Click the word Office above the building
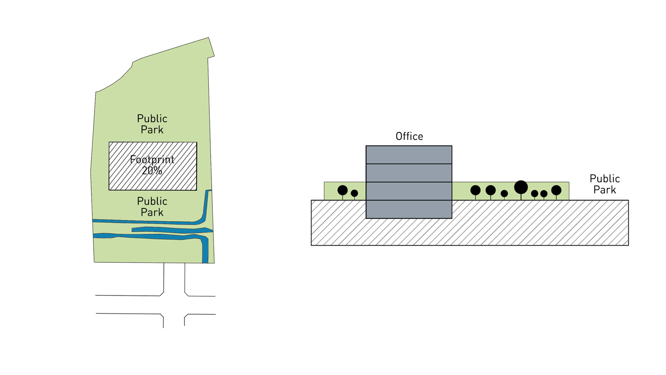pyautogui.click(x=409, y=136)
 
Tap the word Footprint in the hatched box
pyautogui.click(x=152, y=160)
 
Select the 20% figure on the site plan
pyautogui.click(x=152, y=170)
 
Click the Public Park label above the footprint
pyautogui.click(x=152, y=124)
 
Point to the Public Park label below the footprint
pyautogui.click(x=152, y=206)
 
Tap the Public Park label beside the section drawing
pyautogui.click(x=604, y=184)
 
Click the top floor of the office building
pyautogui.click(x=409, y=155)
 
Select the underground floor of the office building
pyautogui.click(x=409, y=209)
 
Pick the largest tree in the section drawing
pyautogui.click(x=521, y=187)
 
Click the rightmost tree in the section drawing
pyautogui.click(x=556, y=190)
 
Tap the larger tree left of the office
pyautogui.click(x=343, y=190)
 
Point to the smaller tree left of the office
pyautogui.click(x=354, y=193)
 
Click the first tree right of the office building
pyautogui.click(x=475, y=190)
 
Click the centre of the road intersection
pyautogui.click(x=174, y=305)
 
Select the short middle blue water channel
pyautogui.click(x=171, y=230)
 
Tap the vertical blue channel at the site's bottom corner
pyautogui.click(x=205, y=250)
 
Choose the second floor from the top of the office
pyautogui.click(x=409, y=173)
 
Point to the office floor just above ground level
pyautogui.click(x=409, y=191)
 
